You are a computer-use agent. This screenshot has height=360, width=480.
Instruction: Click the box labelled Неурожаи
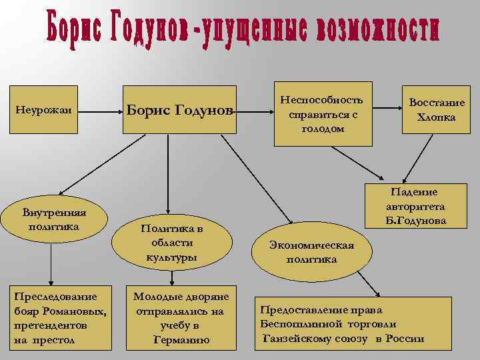pyautogui.click(x=44, y=111)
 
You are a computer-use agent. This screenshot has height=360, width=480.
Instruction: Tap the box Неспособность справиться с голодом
pyautogui.click(x=323, y=115)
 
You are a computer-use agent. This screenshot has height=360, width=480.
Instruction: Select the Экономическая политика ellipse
pyautogui.click(x=312, y=252)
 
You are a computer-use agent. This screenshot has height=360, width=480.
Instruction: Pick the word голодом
pyautogui.click(x=323, y=129)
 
